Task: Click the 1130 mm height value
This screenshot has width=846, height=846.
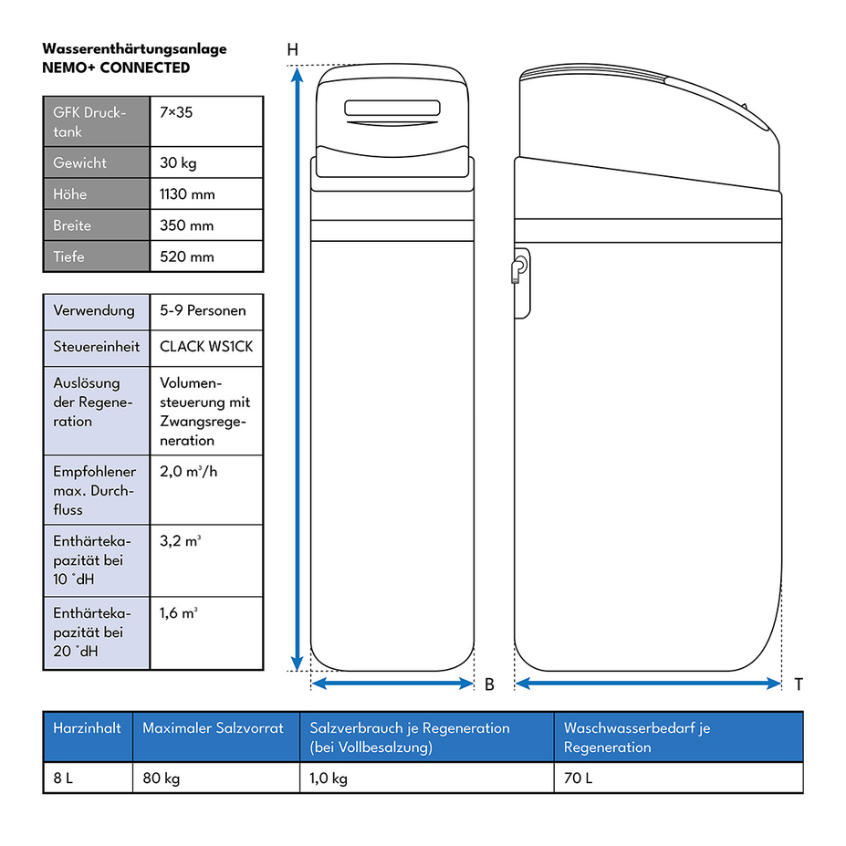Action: point(187,194)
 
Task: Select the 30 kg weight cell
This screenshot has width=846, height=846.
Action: point(178,163)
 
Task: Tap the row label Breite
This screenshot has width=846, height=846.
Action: point(72,225)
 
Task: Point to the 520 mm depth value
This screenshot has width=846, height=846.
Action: point(187,256)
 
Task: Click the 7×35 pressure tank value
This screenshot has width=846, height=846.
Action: point(176,113)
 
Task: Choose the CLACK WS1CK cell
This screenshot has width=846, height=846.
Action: point(206,347)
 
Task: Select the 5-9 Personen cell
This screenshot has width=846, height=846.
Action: point(203,311)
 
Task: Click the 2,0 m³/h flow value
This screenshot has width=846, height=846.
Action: point(188,472)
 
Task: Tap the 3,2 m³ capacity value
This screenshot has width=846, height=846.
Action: point(180,540)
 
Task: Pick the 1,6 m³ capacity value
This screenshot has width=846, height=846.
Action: point(179,613)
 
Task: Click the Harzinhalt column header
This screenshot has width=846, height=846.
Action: point(87,728)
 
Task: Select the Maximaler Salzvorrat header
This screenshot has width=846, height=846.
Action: point(213,728)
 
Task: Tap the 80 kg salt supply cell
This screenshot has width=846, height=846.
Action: point(162,778)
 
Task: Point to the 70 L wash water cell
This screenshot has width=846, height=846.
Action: point(578,778)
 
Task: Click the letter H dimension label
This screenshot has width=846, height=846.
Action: point(292,49)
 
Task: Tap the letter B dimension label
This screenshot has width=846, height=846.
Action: point(489,684)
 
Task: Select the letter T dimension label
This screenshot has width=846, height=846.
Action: point(799,684)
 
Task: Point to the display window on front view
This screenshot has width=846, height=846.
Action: point(392,108)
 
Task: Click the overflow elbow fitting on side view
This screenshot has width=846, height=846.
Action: point(518,270)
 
